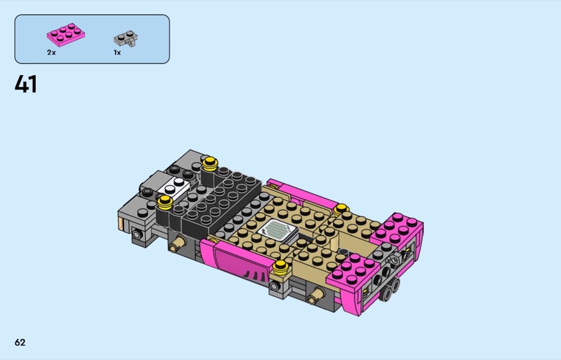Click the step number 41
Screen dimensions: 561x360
(26, 84)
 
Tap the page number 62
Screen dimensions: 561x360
(20, 342)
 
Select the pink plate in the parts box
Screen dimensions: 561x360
(66, 34)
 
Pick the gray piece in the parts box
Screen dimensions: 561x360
(126, 39)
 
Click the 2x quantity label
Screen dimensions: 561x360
(51, 53)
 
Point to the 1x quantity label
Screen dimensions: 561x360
(117, 53)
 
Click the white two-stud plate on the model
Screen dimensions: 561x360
(175, 186)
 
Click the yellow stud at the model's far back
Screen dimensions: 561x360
(210, 163)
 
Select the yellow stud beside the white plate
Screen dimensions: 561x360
(165, 202)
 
